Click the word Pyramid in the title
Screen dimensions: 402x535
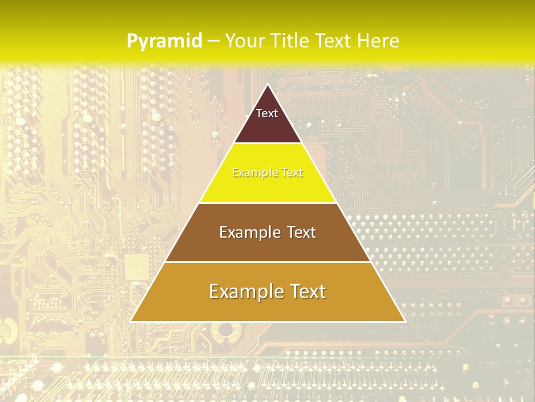(x=164, y=41)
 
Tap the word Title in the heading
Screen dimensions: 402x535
(x=292, y=41)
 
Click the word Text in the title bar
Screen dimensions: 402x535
(x=334, y=41)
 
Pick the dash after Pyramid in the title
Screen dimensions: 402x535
(x=213, y=41)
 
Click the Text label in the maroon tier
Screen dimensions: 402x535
(x=267, y=113)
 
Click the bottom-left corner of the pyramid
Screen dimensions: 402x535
(x=132, y=321)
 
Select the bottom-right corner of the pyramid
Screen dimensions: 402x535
(x=404, y=321)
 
